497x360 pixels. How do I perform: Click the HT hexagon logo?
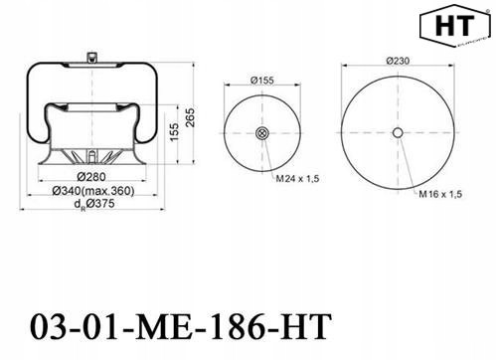tap(454, 26)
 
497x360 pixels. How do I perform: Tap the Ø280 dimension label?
tap(91, 177)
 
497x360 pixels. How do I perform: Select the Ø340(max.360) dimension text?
tap(93, 191)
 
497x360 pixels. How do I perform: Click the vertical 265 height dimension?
tap(190, 117)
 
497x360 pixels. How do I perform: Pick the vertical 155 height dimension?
tap(174, 131)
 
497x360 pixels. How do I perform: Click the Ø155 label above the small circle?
tap(262, 81)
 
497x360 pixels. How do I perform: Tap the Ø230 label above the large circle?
tap(398, 61)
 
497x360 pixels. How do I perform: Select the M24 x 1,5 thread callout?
tap(297, 179)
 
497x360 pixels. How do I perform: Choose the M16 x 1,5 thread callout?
tap(440, 194)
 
